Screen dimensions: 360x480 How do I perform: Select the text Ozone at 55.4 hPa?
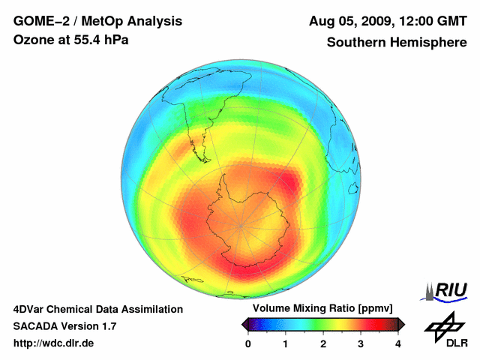click(x=70, y=40)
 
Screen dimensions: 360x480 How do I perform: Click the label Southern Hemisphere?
click(x=397, y=43)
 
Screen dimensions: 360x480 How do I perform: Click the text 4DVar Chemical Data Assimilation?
click(x=97, y=309)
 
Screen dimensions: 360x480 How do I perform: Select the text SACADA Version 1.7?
click(x=64, y=326)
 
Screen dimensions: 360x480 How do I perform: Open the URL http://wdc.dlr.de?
click(x=54, y=343)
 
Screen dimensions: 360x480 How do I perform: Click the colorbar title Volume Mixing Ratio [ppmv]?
click(x=323, y=309)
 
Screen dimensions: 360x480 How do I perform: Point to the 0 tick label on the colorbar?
click(x=248, y=343)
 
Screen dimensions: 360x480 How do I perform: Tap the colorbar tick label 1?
click(x=286, y=343)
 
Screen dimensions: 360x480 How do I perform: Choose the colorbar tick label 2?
click(x=323, y=343)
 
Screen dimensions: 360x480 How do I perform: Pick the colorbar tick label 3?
click(x=361, y=343)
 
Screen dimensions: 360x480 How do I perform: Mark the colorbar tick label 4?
click(x=398, y=343)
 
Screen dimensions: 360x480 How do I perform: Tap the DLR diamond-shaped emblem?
click(x=442, y=324)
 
